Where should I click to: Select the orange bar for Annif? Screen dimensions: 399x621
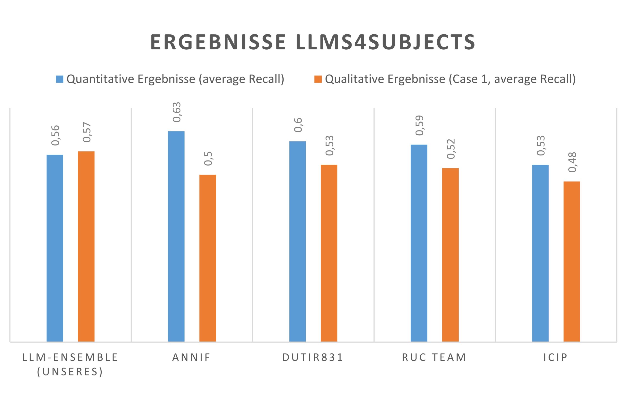coord(207,258)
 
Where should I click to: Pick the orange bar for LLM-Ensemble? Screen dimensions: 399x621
coord(86,246)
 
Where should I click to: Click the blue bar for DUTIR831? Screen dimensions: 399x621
coord(297,241)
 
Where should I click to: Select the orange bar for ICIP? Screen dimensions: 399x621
coord(572,261)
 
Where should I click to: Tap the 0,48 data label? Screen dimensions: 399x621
coord(572,162)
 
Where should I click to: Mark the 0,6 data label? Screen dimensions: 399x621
coord(298,125)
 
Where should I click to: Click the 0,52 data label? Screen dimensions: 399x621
coord(451,149)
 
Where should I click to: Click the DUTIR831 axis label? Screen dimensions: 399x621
coord(313,358)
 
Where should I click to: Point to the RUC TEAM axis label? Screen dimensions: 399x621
coord(434,358)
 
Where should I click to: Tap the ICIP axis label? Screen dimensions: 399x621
coord(556,358)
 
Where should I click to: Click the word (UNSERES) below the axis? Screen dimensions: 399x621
coord(70,372)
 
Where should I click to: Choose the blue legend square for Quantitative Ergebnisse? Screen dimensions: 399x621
coord(60,79)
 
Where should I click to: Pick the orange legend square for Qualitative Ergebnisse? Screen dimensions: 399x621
coord(318,79)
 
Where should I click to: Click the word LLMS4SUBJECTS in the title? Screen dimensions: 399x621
coord(385,42)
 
